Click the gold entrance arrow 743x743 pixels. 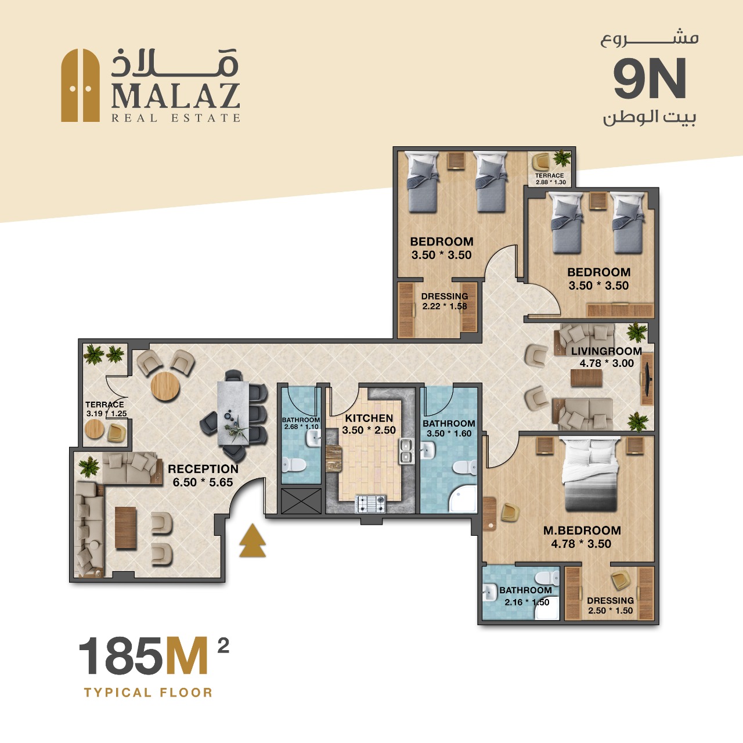point(253,540)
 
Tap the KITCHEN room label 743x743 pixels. point(369,418)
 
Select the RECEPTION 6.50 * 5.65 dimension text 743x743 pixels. point(203,482)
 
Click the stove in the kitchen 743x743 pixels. point(370,504)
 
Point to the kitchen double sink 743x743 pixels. point(406,451)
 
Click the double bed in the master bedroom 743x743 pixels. point(590,474)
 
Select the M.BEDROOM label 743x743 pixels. point(582,530)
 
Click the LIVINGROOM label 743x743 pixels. point(607,351)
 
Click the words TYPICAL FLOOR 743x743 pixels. point(149,692)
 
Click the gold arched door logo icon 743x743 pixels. point(81,85)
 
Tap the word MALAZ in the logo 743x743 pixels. point(176,96)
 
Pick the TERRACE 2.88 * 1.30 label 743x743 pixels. point(550,179)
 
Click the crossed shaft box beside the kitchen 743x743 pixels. point(301,500)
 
